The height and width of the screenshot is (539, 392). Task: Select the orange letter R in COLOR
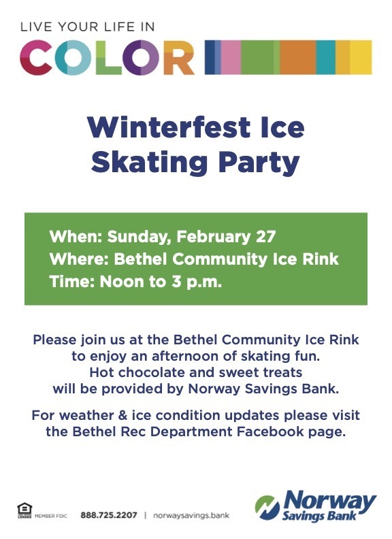click(179, 57)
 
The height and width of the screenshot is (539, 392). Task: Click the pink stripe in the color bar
click(231, 57)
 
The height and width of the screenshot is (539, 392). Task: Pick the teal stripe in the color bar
click(325, 57)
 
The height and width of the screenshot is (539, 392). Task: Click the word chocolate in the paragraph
click(152, 372)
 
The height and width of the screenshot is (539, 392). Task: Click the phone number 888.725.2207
click(109, 515)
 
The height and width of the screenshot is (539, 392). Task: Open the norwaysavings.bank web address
click(191, 515)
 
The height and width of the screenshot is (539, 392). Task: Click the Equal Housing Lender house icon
click(24, 510)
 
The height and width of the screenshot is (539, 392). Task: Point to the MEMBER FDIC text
click(51, 516)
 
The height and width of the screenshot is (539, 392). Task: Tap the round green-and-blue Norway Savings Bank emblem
click(267, 507)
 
